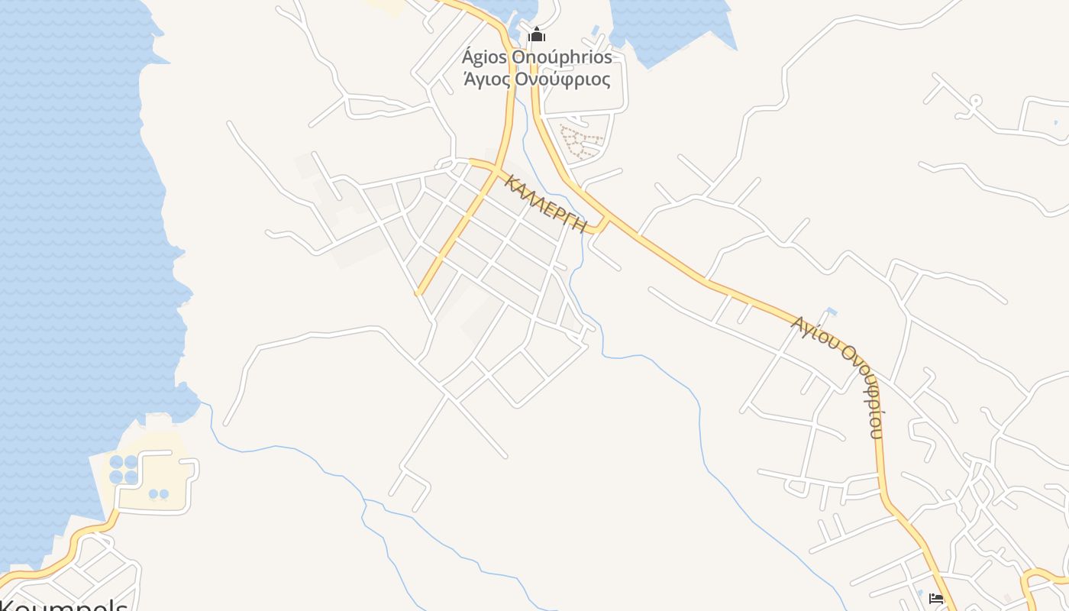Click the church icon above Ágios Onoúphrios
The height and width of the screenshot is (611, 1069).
tap(537, 34)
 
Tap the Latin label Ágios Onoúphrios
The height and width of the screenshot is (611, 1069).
tap(537, 57)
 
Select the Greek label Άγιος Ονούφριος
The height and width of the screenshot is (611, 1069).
tap(537, 79)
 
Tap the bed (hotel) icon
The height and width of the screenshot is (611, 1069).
tap(936, 598)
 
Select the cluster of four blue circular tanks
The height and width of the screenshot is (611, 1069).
tap(124, 469)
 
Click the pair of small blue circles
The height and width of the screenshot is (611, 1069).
tap(158, 494)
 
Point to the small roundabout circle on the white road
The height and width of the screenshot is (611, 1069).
tap(975, 101)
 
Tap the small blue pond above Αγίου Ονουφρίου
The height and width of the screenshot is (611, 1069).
tap(831, 312)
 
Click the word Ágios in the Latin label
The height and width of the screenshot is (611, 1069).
tap(484, 57)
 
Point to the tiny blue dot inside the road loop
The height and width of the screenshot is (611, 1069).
tap(1056, 122)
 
